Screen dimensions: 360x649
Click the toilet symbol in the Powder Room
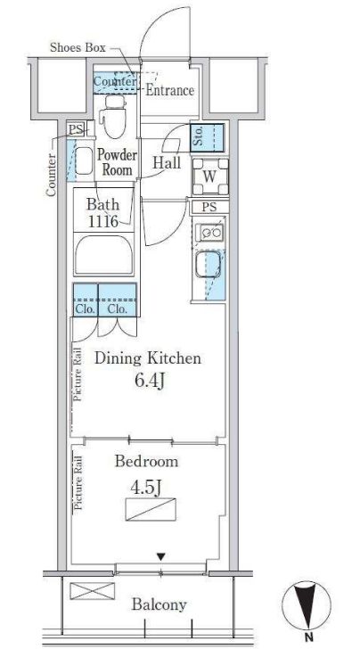[x=115, y=117]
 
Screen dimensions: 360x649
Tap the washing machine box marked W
[x=210, y=177]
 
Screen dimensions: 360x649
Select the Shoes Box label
[x=78, y=47]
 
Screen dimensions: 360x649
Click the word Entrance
[x=169, y=90]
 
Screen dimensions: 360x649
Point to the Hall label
[x=167, y=162]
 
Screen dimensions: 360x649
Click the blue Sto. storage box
[x=208, y=137]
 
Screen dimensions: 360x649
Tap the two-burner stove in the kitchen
[x=210, y=233]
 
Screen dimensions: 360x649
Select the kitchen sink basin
[x=208, y=265]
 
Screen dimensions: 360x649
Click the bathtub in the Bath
[x=104, y=254]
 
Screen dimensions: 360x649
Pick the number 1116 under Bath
[x=103, y=221]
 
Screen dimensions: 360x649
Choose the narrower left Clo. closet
[x=86, y=300]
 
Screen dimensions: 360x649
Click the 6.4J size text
[x=150, y=381]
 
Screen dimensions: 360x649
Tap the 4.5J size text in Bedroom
[x=145, y=488]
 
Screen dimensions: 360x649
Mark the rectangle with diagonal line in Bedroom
[x=151, y=509]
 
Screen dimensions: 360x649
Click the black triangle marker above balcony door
[x=161, y=557]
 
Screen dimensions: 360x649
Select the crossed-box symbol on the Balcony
[x=93, y=591]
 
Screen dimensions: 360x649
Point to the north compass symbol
[x=307, y=606]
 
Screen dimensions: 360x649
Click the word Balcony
[x=160, y=604]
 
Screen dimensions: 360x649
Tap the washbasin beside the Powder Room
[x=84, y=160]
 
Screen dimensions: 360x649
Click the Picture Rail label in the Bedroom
[x=78, y=483]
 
